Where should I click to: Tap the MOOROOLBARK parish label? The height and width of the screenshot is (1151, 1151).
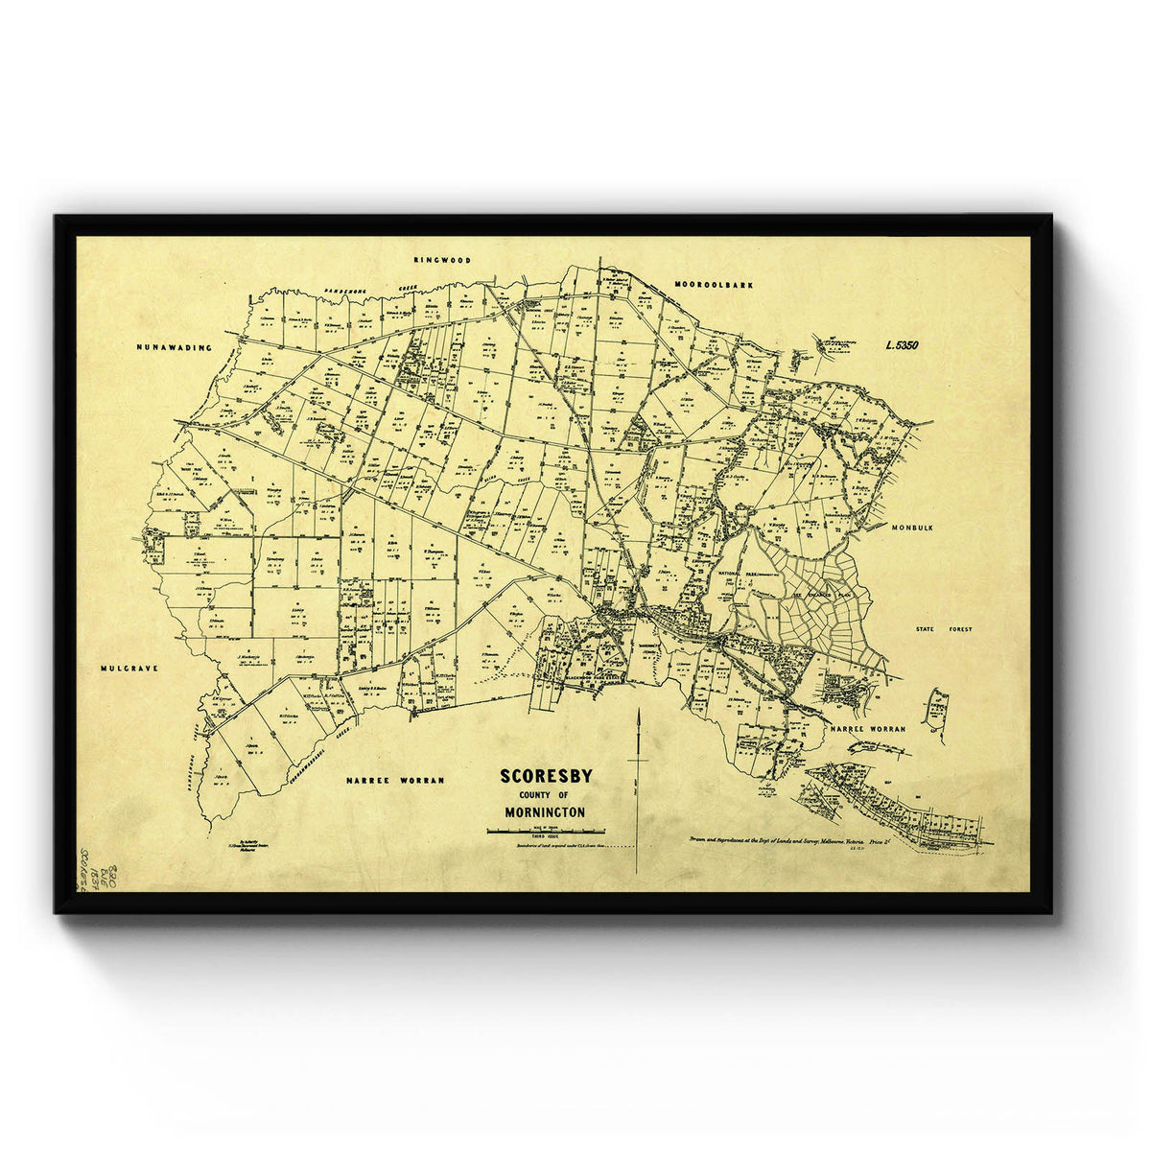coord(715,285)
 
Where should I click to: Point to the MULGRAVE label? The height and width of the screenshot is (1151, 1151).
coord(128,667)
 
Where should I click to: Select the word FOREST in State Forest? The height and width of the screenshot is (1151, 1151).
coord(958,629)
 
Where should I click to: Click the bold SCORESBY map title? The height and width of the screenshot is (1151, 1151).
coord(546,776)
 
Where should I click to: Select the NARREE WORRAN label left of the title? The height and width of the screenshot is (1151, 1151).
coord(394,780)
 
